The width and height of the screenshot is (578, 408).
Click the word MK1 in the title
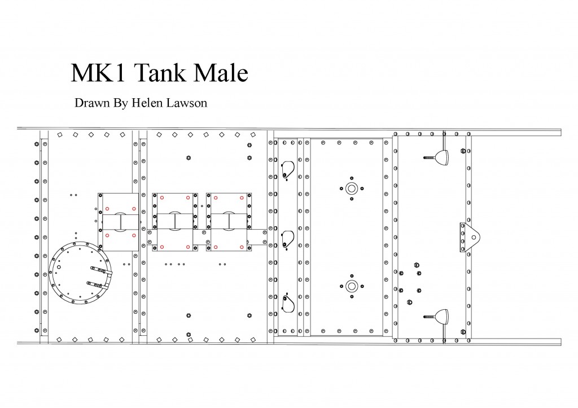pos(98,73)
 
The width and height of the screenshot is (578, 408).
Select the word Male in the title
pos(221,73)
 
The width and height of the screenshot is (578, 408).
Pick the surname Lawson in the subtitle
pos(187,103)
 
